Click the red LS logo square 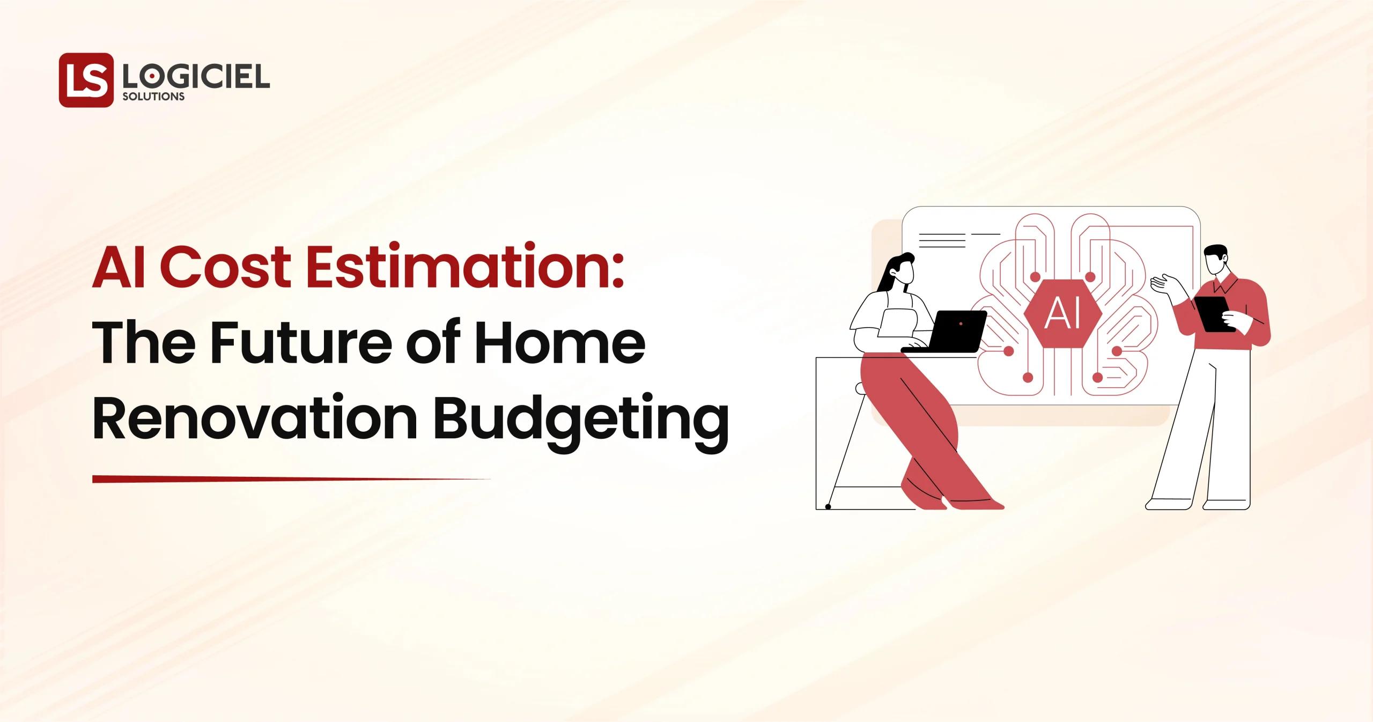(86, 79)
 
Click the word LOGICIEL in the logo (196, 78)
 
